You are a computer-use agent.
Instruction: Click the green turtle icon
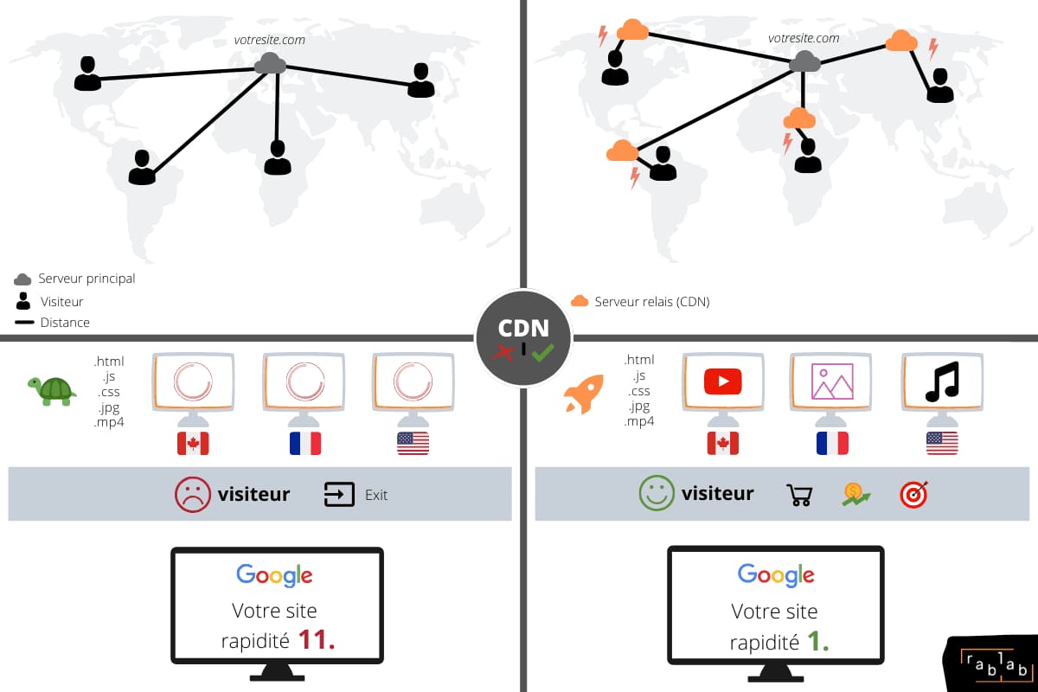pos(52,391)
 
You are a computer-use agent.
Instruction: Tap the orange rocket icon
pos(584,394)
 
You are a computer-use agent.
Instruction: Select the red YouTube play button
pos(722,381)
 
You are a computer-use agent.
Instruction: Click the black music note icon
pos(942,381)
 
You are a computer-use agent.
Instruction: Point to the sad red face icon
pos(192,495)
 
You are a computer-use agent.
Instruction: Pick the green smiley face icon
pos(657,493)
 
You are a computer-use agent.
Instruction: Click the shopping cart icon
pos(800,495)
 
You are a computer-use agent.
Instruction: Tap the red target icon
pos(914,495)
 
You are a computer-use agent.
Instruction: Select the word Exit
pos(375,495)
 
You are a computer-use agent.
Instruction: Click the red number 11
pos(317,639)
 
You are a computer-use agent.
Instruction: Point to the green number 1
pos(818,642)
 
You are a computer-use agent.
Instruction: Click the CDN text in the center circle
pos(523,328)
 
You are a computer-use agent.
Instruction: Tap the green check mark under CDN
pos(542,353)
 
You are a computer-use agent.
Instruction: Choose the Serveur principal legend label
pos(86,279)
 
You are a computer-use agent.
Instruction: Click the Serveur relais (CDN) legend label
pos(652,302)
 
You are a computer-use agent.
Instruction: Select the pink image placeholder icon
pos(832,381)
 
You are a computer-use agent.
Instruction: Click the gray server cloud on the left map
pos(271,63)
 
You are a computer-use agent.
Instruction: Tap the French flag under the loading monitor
pos(304,444)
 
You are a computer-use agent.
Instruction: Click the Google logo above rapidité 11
pos(274,575)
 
